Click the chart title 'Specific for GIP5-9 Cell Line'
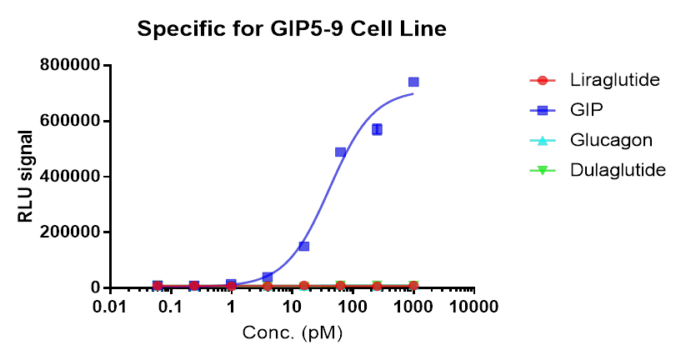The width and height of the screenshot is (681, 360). [x=292, y=30]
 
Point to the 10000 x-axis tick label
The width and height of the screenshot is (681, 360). [x=474, y=306]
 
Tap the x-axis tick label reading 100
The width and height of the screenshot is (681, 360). [x=353, y=306]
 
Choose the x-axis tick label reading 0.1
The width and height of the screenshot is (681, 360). [x=170, y=306]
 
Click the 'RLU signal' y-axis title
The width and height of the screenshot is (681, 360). [x=27, y=177]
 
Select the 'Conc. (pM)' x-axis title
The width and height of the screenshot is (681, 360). [x=292, y=332]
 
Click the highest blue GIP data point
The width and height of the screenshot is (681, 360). [x=413, y=82]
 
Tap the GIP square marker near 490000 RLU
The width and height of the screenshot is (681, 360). [x=340, y=152]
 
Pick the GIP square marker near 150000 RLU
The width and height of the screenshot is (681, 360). [x=304, y=246]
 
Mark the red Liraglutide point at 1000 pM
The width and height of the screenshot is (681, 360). [x=413, y=286]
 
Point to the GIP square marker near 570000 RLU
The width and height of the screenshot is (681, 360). [x=377, y=129]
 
